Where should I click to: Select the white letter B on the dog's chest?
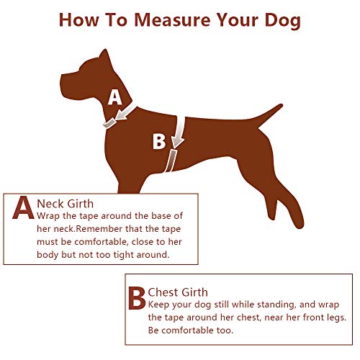158,141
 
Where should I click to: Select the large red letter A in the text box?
23,208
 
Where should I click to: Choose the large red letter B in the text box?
136,298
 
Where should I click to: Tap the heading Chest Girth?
178,292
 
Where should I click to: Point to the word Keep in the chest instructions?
162,305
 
